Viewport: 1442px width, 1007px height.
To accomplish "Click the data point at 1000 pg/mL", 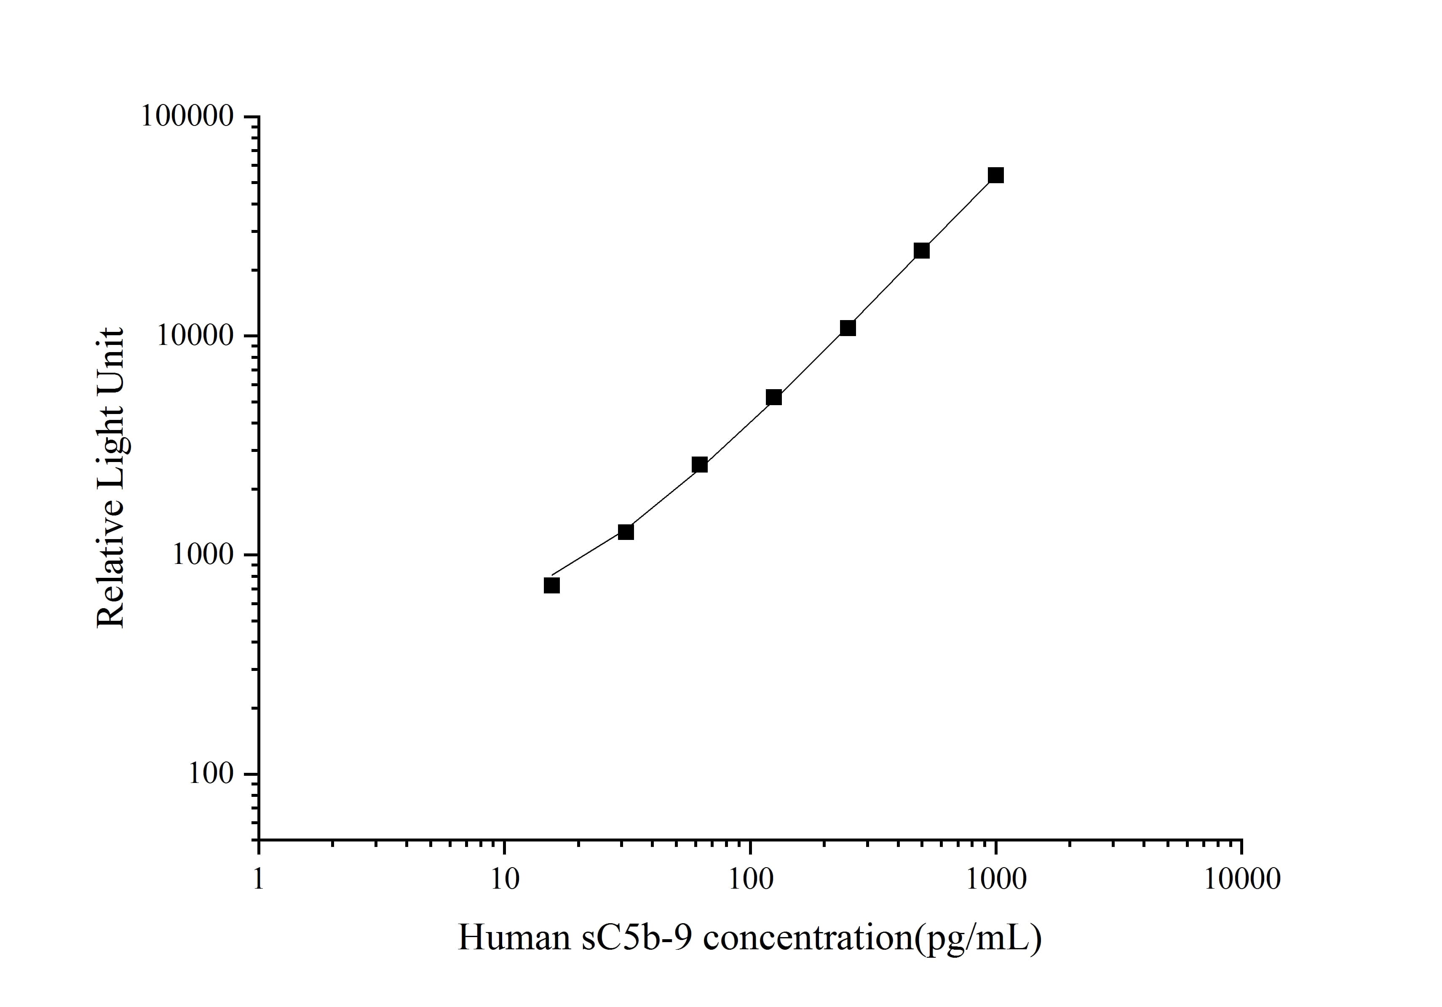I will click(995, 175).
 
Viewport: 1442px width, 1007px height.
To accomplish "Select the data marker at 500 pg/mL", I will click(921, 251).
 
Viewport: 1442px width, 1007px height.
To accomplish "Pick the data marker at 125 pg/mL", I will click(774, 398).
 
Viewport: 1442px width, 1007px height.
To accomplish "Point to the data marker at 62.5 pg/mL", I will click(700, 465).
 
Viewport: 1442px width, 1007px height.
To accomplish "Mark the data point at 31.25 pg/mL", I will click(626, 532).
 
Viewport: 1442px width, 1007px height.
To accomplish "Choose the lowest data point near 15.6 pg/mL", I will click(551, 585).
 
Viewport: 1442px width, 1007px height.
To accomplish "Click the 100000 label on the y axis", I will click(187, 117).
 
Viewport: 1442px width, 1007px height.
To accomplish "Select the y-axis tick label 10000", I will click(195, 336).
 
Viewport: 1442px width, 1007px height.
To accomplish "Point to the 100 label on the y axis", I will click(211, 774).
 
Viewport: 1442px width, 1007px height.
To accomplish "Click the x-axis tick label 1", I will click(258, 879).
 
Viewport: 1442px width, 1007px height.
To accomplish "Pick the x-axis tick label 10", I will click(504, 879).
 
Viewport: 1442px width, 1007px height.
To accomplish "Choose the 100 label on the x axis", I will click(750, 879).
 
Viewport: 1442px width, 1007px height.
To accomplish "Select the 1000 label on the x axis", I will click(995, 879).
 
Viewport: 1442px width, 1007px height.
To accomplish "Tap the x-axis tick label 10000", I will click(1241, 879).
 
